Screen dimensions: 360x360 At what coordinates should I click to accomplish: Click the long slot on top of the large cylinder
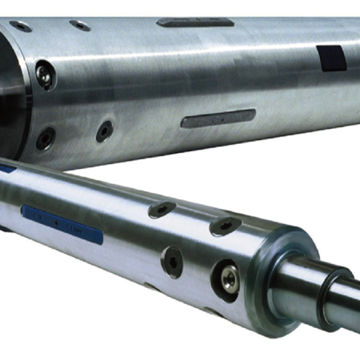pos(195,22)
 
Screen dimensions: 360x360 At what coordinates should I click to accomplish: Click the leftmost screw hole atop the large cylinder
pos(22,26)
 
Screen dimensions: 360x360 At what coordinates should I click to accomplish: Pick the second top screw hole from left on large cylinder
pos(79,25)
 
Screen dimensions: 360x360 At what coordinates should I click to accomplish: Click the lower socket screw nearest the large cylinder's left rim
pos(46,138)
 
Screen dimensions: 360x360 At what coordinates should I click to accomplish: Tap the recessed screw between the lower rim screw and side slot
pos(105,130)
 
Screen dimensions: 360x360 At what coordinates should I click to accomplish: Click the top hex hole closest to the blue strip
pos(162,210)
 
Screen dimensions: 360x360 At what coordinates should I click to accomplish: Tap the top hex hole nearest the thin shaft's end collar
pos(224,226)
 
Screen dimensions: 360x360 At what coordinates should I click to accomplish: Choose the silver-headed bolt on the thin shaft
pos(228,278)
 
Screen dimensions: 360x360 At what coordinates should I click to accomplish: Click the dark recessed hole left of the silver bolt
pos(172,261)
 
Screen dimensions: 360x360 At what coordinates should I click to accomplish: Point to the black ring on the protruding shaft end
pos(326,301)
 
